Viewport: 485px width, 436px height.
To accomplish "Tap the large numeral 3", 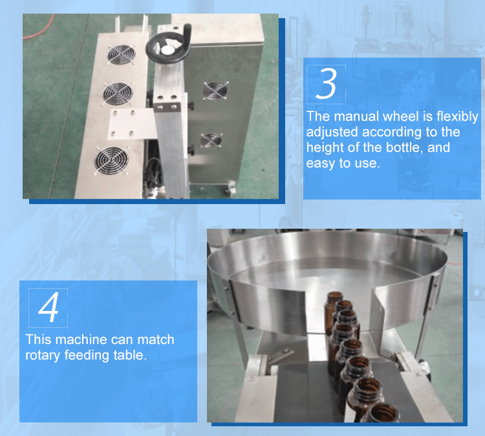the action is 327,84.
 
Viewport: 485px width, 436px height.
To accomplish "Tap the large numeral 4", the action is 48,307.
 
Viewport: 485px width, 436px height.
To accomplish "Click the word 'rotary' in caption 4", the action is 43,356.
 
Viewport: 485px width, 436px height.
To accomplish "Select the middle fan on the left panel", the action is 118,93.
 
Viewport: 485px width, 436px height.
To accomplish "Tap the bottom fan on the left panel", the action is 111,160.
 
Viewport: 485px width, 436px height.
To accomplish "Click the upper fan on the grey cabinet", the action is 215,91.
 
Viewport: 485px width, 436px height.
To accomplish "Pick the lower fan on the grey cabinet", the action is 211,141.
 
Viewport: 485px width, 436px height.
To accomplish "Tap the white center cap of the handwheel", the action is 167,51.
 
